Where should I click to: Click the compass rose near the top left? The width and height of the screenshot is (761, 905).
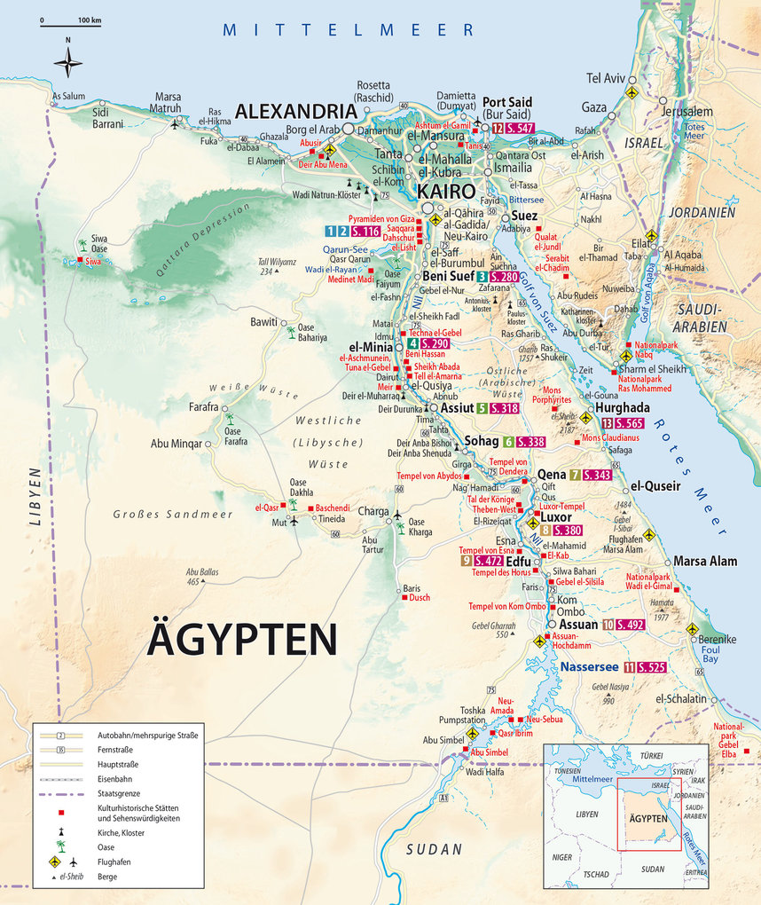67,62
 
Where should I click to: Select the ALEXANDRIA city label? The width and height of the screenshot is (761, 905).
294,112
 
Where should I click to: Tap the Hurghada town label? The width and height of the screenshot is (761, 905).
623,407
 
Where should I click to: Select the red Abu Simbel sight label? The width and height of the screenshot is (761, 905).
489,752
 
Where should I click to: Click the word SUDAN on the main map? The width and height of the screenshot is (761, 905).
435,849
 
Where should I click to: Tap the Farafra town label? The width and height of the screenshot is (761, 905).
203,407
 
